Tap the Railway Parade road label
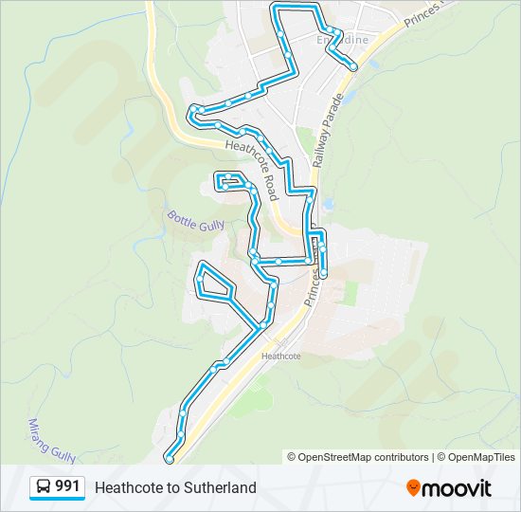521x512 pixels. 328,132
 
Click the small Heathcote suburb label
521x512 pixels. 280,357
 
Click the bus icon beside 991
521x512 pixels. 44,486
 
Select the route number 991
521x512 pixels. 67,486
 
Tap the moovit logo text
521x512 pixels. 457,488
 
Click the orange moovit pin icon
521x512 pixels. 413,487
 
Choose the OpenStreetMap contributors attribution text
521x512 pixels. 364,457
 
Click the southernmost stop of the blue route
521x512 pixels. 170,459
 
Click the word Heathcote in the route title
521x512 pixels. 126,487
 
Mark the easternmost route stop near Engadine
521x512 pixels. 353,66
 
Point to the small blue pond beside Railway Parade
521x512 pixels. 328,203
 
